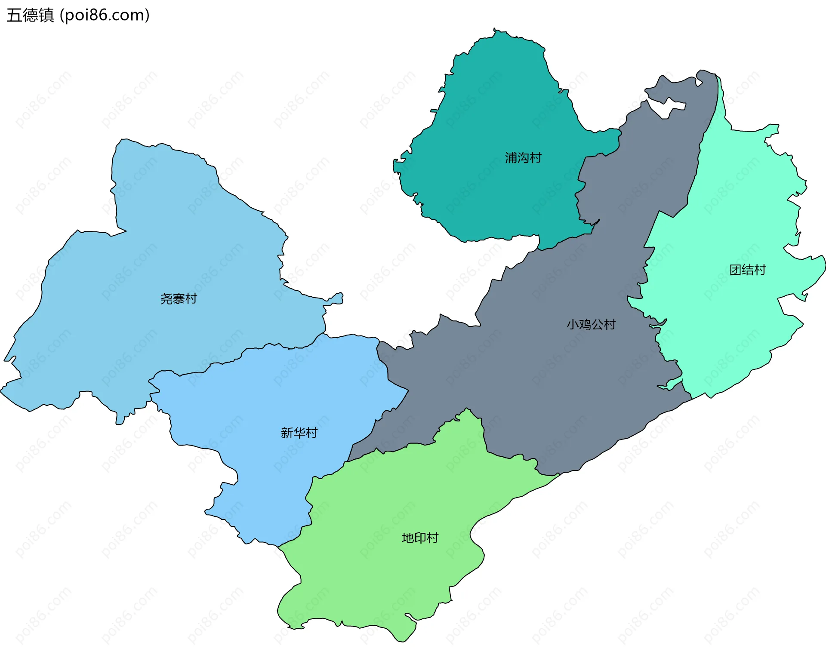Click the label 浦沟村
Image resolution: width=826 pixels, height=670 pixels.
coord(523,158)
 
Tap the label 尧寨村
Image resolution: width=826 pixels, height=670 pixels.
coord(179,298)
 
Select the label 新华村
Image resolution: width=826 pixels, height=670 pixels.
coord(299,433)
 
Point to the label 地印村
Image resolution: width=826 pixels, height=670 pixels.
coord(420,538)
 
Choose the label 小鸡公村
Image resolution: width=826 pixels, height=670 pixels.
coord(591,324)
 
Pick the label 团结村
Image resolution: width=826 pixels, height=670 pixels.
coord(748,270)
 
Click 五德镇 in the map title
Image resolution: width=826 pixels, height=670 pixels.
coord(30,15)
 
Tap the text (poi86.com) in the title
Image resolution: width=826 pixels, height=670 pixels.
coord(105,15)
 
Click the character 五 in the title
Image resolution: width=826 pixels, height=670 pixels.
coord(14,15)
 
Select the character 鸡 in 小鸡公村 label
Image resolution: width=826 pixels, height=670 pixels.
coord(585,324)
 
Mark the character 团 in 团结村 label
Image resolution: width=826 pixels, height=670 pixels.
coord(735,270)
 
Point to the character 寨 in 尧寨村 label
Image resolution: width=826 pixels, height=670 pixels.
coord(179,298)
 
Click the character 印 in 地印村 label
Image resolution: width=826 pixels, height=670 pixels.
coord(420,538)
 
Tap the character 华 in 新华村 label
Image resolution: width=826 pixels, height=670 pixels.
coord(299,433)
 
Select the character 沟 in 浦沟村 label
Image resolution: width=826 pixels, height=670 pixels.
coord(523,158)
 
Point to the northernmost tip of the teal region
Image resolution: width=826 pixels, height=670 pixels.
coord(495,30)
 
